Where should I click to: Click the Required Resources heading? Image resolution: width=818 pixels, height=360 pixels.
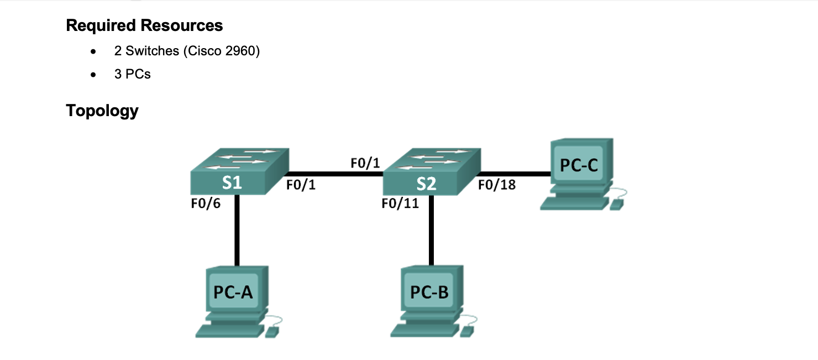click(x=144, y=25)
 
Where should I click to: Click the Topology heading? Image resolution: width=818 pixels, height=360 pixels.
click(x=102, y=111)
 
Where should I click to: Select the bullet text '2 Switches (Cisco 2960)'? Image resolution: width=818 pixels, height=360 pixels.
click(x=187, y=51)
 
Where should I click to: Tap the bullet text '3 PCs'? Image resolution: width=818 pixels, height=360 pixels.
click(x=133, y=74)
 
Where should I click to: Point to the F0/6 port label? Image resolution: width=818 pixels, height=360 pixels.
click(x=205, y=204)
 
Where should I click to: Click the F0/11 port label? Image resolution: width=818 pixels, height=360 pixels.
click(x=400, y=204)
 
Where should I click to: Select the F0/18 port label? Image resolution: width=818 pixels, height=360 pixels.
click(x=496, y=185)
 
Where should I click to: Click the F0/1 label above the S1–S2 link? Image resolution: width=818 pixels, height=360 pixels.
click(x=365, y=163)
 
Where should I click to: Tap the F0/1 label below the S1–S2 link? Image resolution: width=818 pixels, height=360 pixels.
click(x=301, y=185)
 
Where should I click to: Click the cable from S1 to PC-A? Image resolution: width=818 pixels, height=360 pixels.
click(x=237, y=232)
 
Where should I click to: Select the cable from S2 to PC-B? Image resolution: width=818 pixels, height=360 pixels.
click(x=431, y=232)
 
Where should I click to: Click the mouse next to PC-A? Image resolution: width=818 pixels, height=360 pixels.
click(x=272, y=331)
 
